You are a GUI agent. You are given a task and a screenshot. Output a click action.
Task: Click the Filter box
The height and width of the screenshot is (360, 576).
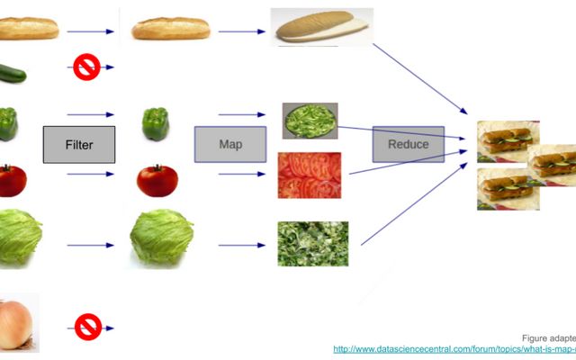click(x=79, y=145)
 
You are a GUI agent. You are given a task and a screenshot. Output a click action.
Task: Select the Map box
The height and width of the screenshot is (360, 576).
click(x=230, y=144)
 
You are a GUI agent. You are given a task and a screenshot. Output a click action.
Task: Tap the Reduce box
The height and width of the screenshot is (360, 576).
click(x=409, y=144)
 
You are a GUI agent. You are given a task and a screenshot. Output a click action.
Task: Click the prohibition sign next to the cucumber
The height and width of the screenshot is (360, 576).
click(x=86, y=67)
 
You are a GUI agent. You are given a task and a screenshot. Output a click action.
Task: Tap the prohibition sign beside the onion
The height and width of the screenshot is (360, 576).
click(x=86, y=325)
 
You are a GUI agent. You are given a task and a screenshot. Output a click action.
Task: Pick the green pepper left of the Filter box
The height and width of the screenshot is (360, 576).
click(x=8, y=123)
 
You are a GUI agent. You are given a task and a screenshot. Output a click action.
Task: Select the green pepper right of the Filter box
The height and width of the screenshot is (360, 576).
click(x=155, y=123)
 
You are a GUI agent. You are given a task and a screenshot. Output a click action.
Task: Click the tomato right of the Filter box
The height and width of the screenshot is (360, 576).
click(x=157, y=180)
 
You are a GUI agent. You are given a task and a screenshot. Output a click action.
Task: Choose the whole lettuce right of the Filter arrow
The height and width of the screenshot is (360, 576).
click(x=161, y=238)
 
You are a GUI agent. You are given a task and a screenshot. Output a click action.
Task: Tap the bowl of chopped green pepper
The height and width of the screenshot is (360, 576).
click(x=310, y=121)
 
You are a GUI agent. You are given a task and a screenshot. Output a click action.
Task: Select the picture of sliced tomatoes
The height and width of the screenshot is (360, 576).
click(x=309, y=175)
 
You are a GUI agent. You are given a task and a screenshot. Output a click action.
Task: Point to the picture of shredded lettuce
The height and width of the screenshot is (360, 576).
click(x=312, y=243)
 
